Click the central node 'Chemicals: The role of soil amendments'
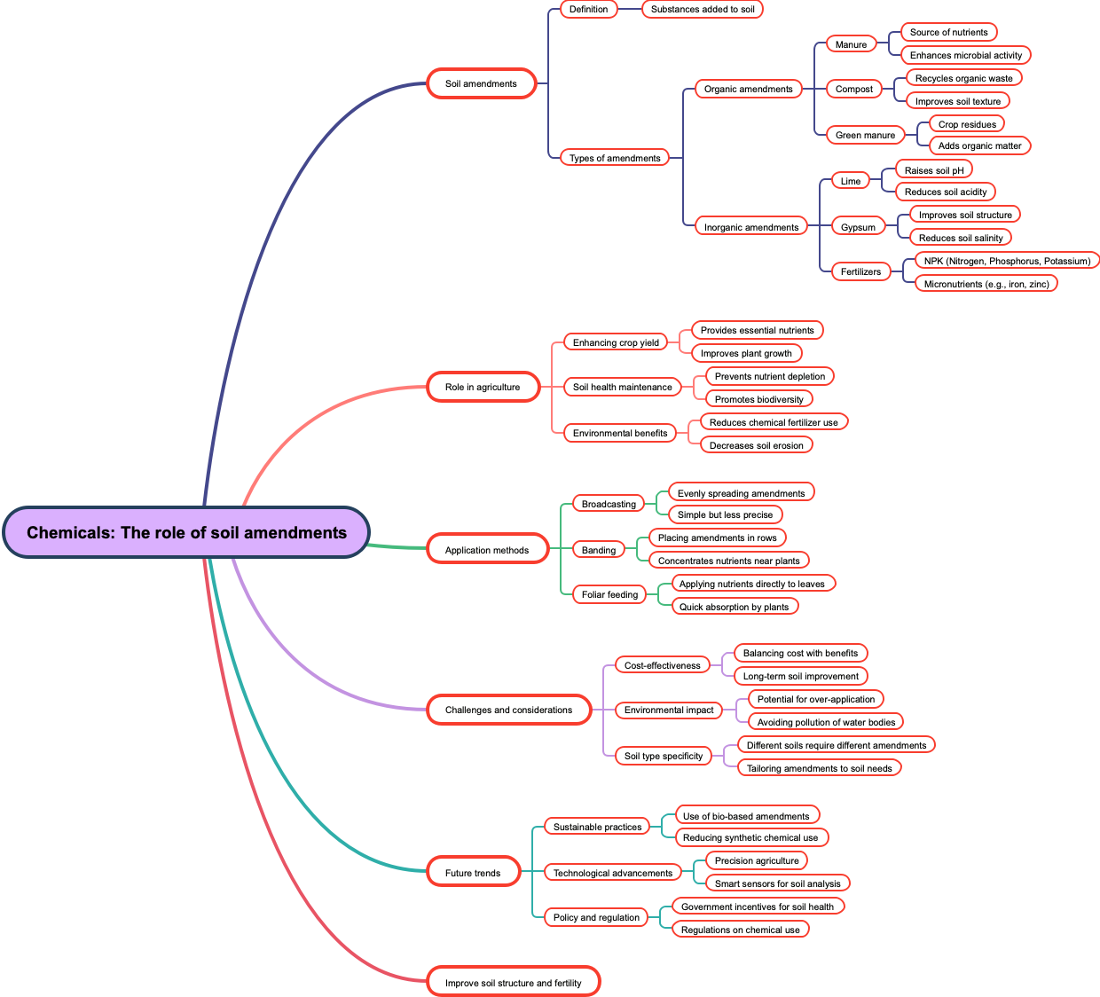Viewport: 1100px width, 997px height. tap(186, 532)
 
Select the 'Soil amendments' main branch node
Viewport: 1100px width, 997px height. tap(481, 83)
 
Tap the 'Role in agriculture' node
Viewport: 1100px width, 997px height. tap(483, 387)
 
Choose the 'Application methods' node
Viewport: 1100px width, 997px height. tap(486, 550)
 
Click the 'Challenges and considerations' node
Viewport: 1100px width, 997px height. tap(508, 710)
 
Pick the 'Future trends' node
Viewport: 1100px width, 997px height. tap(473, 873)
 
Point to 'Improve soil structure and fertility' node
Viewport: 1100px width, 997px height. tap(514, 983)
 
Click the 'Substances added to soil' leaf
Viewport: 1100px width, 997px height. tap(703, 9)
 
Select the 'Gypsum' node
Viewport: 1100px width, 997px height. tap(858, 227)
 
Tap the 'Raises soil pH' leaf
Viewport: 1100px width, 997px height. tap(933, 170)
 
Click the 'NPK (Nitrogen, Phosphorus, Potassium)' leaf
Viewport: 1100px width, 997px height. tap(1007, 261)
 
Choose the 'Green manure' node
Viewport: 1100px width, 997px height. tap(865, 135)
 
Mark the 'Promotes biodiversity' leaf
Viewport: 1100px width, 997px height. tap(758, 399)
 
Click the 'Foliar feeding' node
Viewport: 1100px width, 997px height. tap(609, 594)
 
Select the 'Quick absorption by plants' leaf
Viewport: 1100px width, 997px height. tap(734, 607)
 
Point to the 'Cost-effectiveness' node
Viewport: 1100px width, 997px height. tap(662, 665)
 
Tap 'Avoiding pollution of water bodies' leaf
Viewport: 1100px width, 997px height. tap(826, 722)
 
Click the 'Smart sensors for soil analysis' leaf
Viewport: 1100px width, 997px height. tap(777, 883)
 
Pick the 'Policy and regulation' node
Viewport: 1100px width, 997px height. tap(596, 917)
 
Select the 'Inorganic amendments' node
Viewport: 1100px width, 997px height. tap(750, 227)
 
